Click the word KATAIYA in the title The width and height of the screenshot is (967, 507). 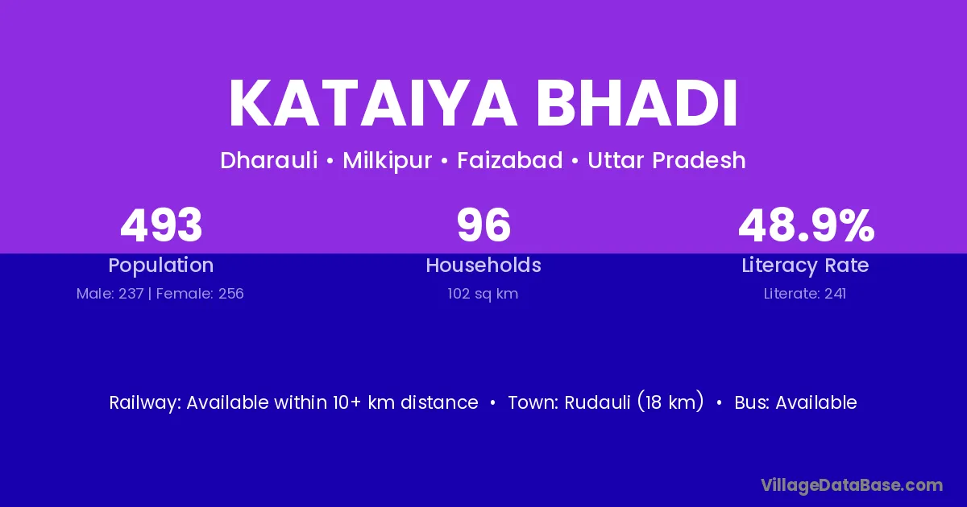372,104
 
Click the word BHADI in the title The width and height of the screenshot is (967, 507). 637,104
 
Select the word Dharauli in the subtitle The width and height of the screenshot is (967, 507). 269,160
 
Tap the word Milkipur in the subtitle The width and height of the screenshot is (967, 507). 388,161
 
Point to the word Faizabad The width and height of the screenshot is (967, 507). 510,160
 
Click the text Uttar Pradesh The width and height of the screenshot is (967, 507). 666,160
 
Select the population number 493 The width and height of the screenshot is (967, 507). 161,225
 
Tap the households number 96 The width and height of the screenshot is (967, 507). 483,225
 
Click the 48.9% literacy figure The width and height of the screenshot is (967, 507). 806,225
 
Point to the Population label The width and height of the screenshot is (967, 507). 161,266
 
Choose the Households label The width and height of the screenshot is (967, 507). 483,265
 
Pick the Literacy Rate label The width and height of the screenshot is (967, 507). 805,266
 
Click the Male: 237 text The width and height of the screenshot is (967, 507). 110,294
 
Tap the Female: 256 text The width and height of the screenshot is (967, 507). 200,294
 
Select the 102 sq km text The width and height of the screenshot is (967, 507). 483,294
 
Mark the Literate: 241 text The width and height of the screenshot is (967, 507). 805,294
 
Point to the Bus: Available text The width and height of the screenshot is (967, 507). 795,402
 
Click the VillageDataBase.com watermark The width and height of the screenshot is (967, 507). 852,485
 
